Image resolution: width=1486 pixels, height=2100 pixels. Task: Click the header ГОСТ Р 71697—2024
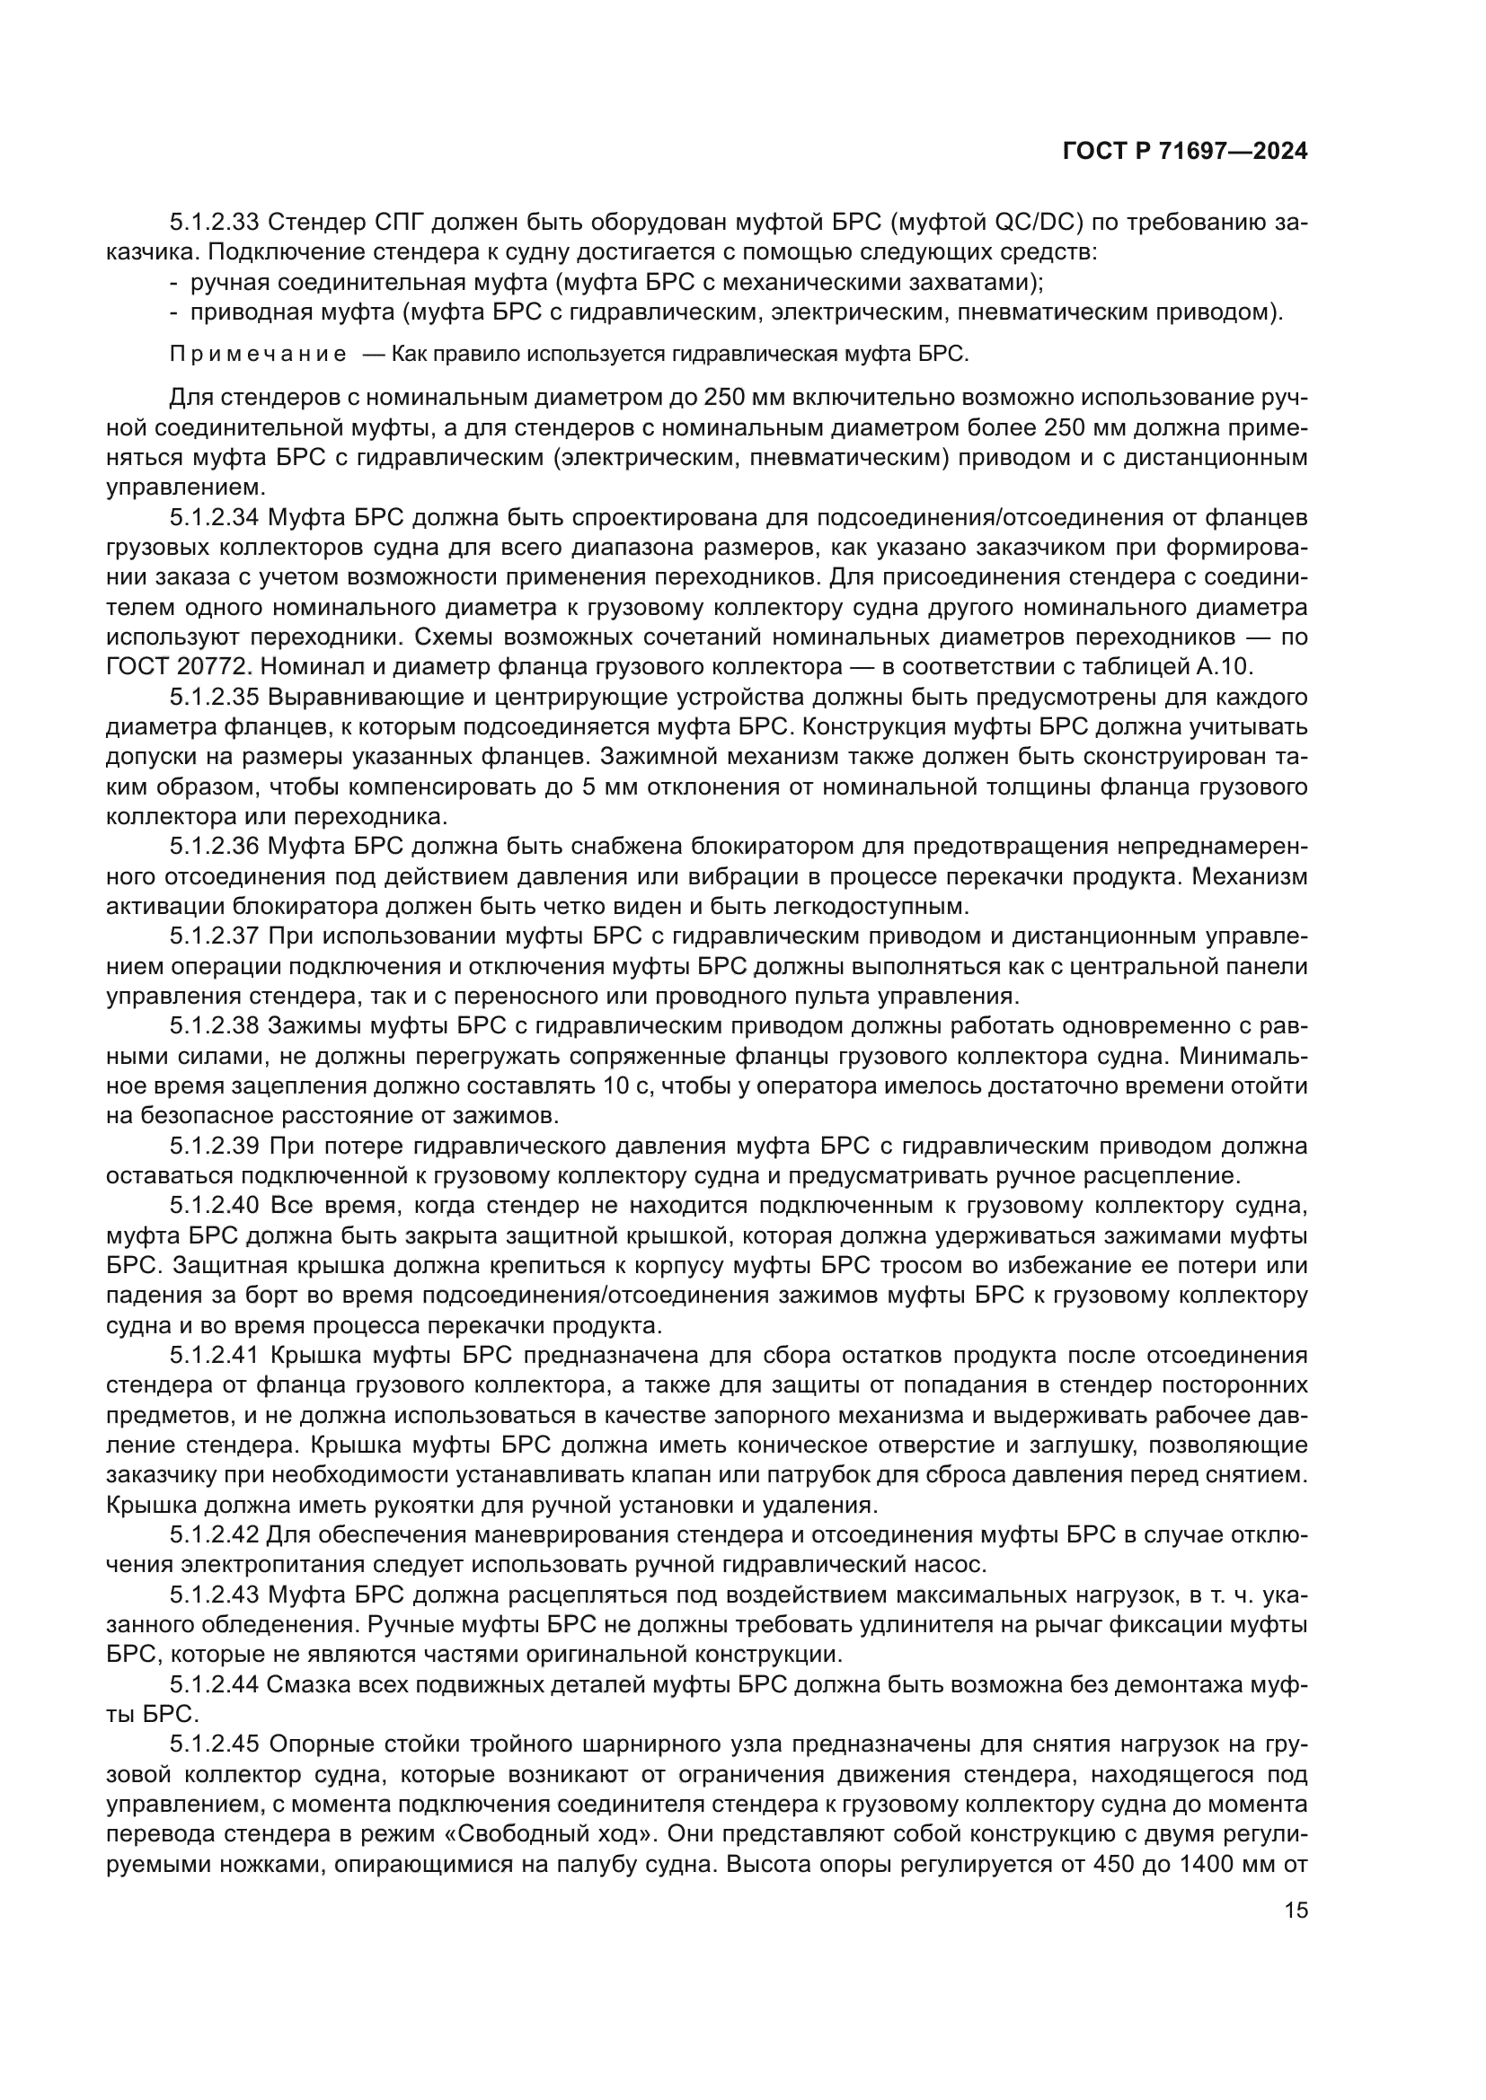[1185, 152]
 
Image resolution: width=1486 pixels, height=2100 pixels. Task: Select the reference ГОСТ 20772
[186, 667]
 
